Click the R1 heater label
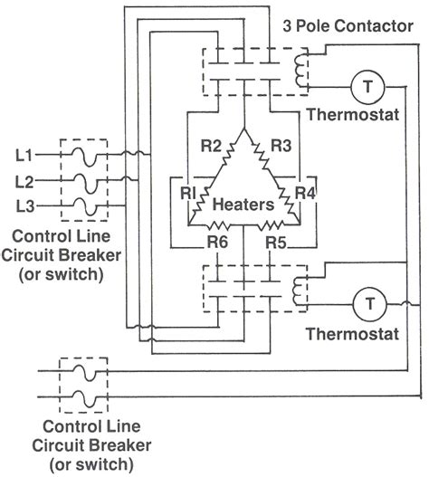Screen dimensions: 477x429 pyautogui.click(x=187, y=192)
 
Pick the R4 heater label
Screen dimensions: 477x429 pyautogui.click(x=305, y=192)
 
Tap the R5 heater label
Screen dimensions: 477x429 pyautogui.click(x=275, y=243)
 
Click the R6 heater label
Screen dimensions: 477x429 pyautogui.click(x=216, y=243)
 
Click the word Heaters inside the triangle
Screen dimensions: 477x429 pyautogui.click(x=243, y=205)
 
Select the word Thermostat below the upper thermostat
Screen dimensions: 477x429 pyautogui.click(x=349, y=115)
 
